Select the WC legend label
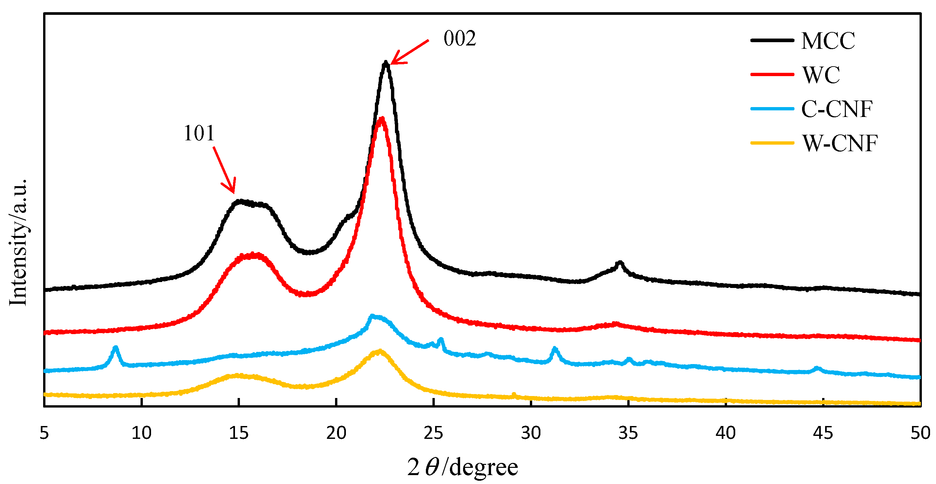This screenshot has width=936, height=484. [x=821, y=75]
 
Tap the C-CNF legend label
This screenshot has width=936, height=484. [x=836, y=109]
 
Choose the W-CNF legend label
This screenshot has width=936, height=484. [x=840, y=143]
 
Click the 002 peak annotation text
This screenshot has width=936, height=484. [x=460, y=39]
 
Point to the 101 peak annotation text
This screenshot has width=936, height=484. [x=199, y=133]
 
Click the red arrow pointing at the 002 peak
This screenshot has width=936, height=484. [x=410, y=52]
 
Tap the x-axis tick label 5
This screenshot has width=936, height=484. [x=44, y=433]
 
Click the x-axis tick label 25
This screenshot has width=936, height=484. [x=433, y=433]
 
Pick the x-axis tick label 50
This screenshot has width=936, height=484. [x=920, y=433]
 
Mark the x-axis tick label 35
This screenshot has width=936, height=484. [x=628, y=433]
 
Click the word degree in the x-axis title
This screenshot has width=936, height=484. [x=483, y=467]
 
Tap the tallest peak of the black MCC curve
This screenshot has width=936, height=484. [x=386, y=64]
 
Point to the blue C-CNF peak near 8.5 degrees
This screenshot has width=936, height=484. [x=116, y=348]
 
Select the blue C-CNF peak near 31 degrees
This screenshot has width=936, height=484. [x=555, y=349]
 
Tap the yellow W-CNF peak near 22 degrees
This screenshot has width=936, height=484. [x=380, y=351]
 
